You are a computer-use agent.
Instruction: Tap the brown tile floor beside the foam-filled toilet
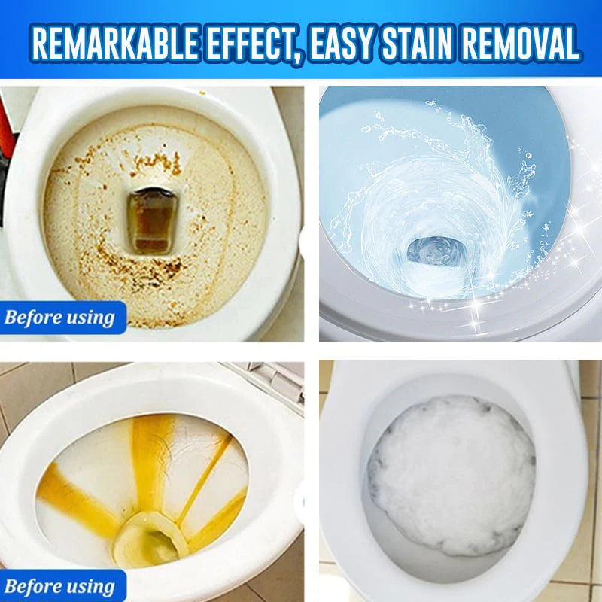(590, 527)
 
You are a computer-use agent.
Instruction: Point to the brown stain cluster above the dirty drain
(154, 162)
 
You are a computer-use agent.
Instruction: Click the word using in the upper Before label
(92, 318)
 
